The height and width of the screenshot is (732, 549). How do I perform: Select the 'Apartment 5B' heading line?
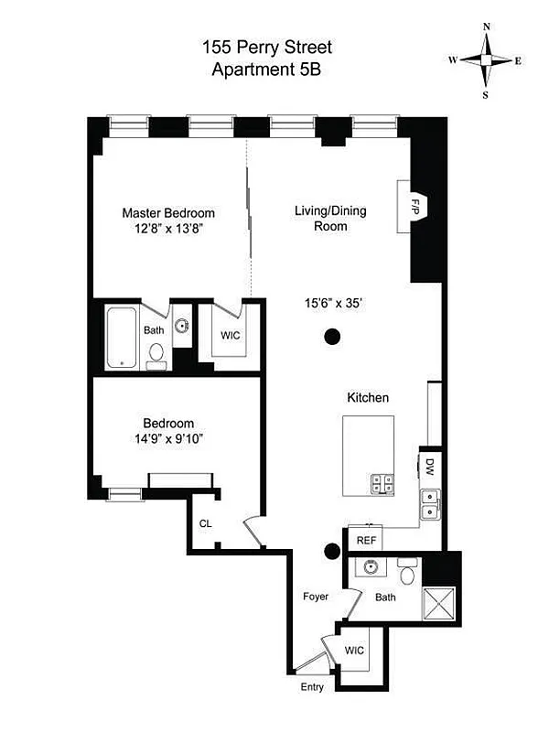click(x=274, y=69)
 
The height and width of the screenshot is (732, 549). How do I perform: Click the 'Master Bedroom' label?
click(x=168, y=213)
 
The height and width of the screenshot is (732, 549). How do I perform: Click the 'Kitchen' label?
click(x=368, y=398)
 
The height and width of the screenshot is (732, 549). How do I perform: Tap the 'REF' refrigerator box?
click(x=366, y=541)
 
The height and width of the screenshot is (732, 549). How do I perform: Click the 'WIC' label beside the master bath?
click(x=230, y=335)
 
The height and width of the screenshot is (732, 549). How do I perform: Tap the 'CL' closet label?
click(x=205, y=523)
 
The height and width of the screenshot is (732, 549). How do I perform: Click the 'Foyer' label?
click(x=316, y=597)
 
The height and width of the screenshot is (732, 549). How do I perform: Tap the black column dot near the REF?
click(x=332, y=551)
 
